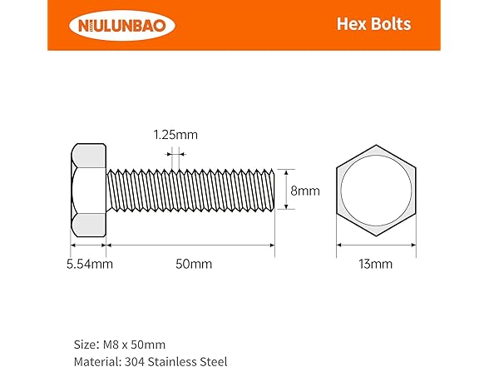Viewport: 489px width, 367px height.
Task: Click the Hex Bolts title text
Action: click(x=373, y=24)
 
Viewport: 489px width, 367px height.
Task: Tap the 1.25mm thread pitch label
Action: click(x=175, y=134)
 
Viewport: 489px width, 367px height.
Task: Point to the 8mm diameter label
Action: click(x=305, y=191)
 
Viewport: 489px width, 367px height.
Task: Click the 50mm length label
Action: click(x=194, y=265)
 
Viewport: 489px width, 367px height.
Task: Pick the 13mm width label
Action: click(x=375, y=265)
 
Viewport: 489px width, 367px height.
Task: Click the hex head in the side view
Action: click(x=86, y=191)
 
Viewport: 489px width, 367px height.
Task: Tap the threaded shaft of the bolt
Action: click(x=190, y=191)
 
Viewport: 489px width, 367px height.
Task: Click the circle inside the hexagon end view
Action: click(x=376, y=191)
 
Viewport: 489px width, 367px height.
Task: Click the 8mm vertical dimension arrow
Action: click(x=285, y=191)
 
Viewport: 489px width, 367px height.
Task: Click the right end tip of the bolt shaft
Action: click(x=273, y=191)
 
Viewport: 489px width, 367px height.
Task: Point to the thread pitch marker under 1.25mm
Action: click(x=175, y=153)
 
